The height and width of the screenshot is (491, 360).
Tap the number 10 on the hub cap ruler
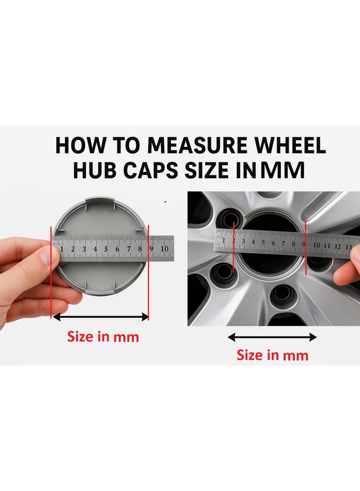tap(164, 248)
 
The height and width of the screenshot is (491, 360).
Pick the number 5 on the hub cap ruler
tap(106, 248)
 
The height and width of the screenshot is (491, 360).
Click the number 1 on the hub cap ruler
tap(61, 248)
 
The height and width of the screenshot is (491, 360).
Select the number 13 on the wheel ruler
tap(348, 246)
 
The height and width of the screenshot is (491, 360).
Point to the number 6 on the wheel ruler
tap(273, 243)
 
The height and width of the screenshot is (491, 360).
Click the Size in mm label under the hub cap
tap(103, 336)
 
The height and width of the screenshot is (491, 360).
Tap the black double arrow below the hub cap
tap(101, 317)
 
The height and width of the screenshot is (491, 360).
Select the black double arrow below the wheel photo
tap(272, 337)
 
